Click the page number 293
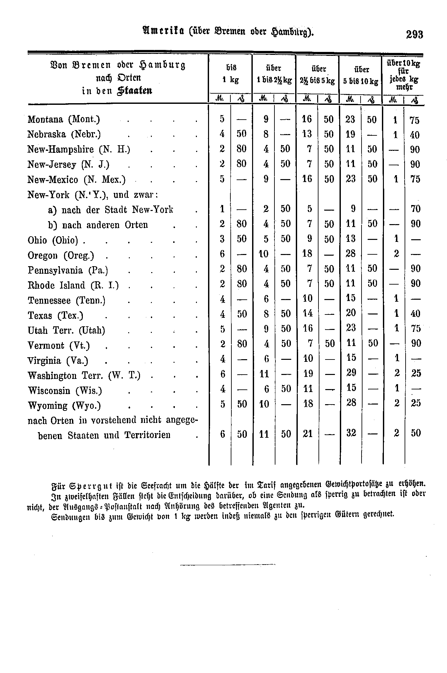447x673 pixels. [x=414, y=35]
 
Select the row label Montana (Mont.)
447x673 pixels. [x=64, y=119]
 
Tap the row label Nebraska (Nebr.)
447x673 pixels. [x=64, y=134]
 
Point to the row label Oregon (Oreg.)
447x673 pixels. [x=61, y=255]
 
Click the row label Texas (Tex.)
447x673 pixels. [x=56, y=315]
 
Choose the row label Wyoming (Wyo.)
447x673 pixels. [x=64, y=406]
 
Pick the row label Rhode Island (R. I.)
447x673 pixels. [x=73, y=285]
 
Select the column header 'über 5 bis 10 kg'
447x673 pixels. [x=361, y=75]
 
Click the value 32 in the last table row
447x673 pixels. [x=351, y=433]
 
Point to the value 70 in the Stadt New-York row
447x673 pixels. [x=415, y=209]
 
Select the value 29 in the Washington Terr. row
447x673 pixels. [x=351, y=373]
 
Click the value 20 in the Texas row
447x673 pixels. [x=351, y=313]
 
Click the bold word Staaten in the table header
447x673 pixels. [x=134, y=90]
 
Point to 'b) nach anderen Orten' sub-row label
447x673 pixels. [x=98, y=225]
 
